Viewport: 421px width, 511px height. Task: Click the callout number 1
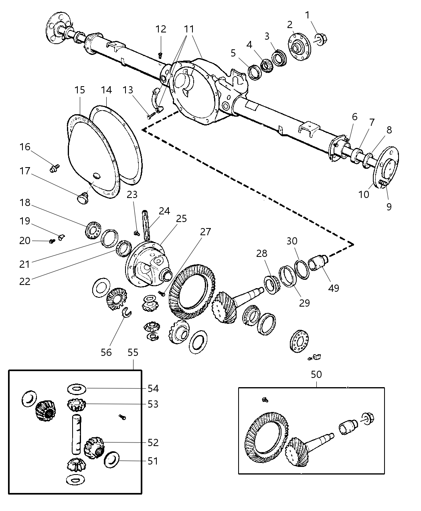tap(307, 15)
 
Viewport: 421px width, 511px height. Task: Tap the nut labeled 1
tap(322, 39)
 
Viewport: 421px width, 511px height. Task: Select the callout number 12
tap(160, 29)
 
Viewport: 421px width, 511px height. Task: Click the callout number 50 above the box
tap(316, 374)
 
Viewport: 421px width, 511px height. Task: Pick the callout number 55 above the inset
tap(133, 352)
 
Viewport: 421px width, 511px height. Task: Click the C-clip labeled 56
tap(125, 312)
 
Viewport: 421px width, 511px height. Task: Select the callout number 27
tap(206, 232)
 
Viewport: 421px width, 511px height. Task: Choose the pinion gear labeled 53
tap(75, 405)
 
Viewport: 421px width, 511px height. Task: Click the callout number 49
tap(334, 288)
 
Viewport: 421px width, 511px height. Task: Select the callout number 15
tap(80, 90)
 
